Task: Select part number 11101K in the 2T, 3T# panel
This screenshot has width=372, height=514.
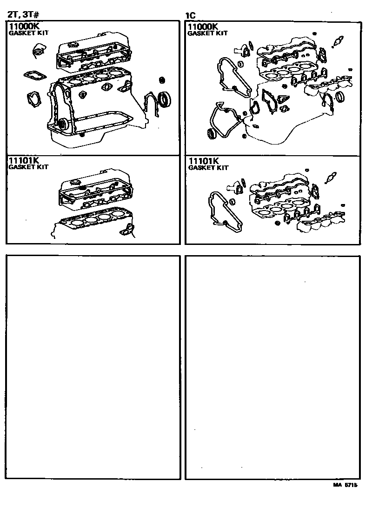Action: click(23, 160)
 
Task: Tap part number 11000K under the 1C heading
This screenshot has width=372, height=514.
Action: click(203, 27)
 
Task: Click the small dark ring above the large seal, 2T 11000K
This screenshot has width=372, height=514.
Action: click(162, 79)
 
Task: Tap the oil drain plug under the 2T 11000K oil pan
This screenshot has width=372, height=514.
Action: click(82, 135)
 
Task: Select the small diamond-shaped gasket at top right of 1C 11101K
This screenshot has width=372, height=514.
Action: click(331, 177)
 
